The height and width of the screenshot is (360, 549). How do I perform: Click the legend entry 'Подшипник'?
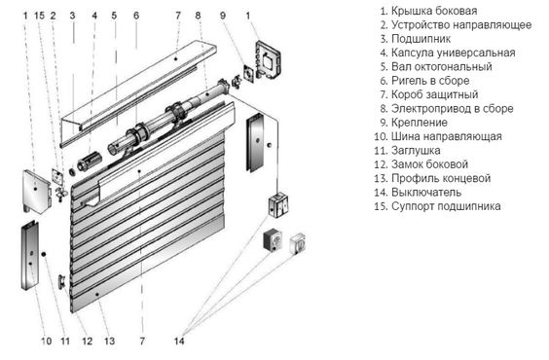[x=416, y=39]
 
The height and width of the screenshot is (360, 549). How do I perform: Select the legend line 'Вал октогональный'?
[x=436, y=66]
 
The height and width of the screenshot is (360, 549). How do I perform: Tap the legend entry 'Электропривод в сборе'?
[x=447, y=108]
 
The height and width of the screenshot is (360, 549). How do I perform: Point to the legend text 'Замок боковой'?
[x=421, y=164]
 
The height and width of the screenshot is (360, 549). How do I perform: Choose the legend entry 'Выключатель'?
[x=418, y=193]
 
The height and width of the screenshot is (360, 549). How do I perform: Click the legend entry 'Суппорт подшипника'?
[x=437, y=206]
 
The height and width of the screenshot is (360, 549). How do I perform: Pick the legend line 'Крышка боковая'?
[x=429, y=11]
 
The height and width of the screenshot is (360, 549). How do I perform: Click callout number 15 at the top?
[x=39, y=16]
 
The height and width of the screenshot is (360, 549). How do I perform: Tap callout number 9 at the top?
[x=223, y=16]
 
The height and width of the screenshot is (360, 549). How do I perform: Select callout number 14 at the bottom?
[x=179, y=341]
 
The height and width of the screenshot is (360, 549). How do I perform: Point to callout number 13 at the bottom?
[x=110, y=341]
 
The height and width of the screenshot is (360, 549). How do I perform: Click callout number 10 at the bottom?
[x=47, y=341]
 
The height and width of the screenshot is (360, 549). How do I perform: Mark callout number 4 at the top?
[x=94, y=16]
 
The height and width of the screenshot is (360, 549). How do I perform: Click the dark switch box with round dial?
[x=273, y=240]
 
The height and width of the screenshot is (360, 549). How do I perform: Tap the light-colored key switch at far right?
[x=298, y=243]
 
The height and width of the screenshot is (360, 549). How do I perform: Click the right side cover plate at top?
[x=269, y=60]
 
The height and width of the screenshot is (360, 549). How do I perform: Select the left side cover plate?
[x=37, y=192]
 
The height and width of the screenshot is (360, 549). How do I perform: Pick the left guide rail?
[x=30, y=256]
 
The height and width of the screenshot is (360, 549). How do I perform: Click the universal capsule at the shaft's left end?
[x=89, y=161]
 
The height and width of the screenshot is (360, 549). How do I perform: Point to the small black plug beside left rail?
[x=44, y=254]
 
